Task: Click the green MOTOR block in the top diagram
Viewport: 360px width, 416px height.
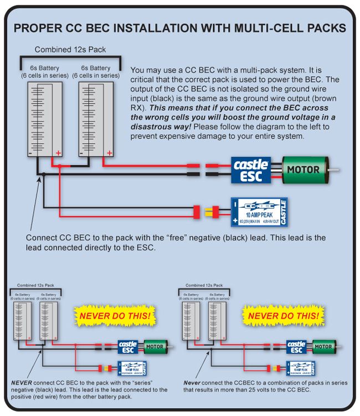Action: click(x=303, y=169)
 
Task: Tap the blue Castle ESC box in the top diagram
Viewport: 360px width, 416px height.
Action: click(x=251, y=170)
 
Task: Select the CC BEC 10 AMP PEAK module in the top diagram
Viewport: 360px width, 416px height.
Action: click(x=259, y=212)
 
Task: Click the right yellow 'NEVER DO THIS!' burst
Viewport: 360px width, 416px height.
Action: click(x=282, y=316)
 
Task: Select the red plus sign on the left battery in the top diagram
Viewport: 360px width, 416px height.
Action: click(x=56, y=152)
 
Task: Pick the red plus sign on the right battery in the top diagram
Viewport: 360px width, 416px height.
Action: click(x=110, y=152)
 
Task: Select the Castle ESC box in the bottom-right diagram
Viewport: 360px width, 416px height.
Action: click(x=296, y=347)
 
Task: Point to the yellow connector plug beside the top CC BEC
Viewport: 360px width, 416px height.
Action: click(x=213, y=212)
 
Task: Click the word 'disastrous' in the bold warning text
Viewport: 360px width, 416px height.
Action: click(x=154, y=126)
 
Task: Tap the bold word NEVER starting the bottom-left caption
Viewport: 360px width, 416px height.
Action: click(x=21, y=382)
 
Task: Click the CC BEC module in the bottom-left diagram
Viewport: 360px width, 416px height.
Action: click(x=132, y=368)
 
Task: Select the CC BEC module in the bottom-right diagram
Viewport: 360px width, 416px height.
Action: click(x=300, y=368)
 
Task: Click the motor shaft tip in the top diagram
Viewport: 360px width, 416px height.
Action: click(x=337, y=169)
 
